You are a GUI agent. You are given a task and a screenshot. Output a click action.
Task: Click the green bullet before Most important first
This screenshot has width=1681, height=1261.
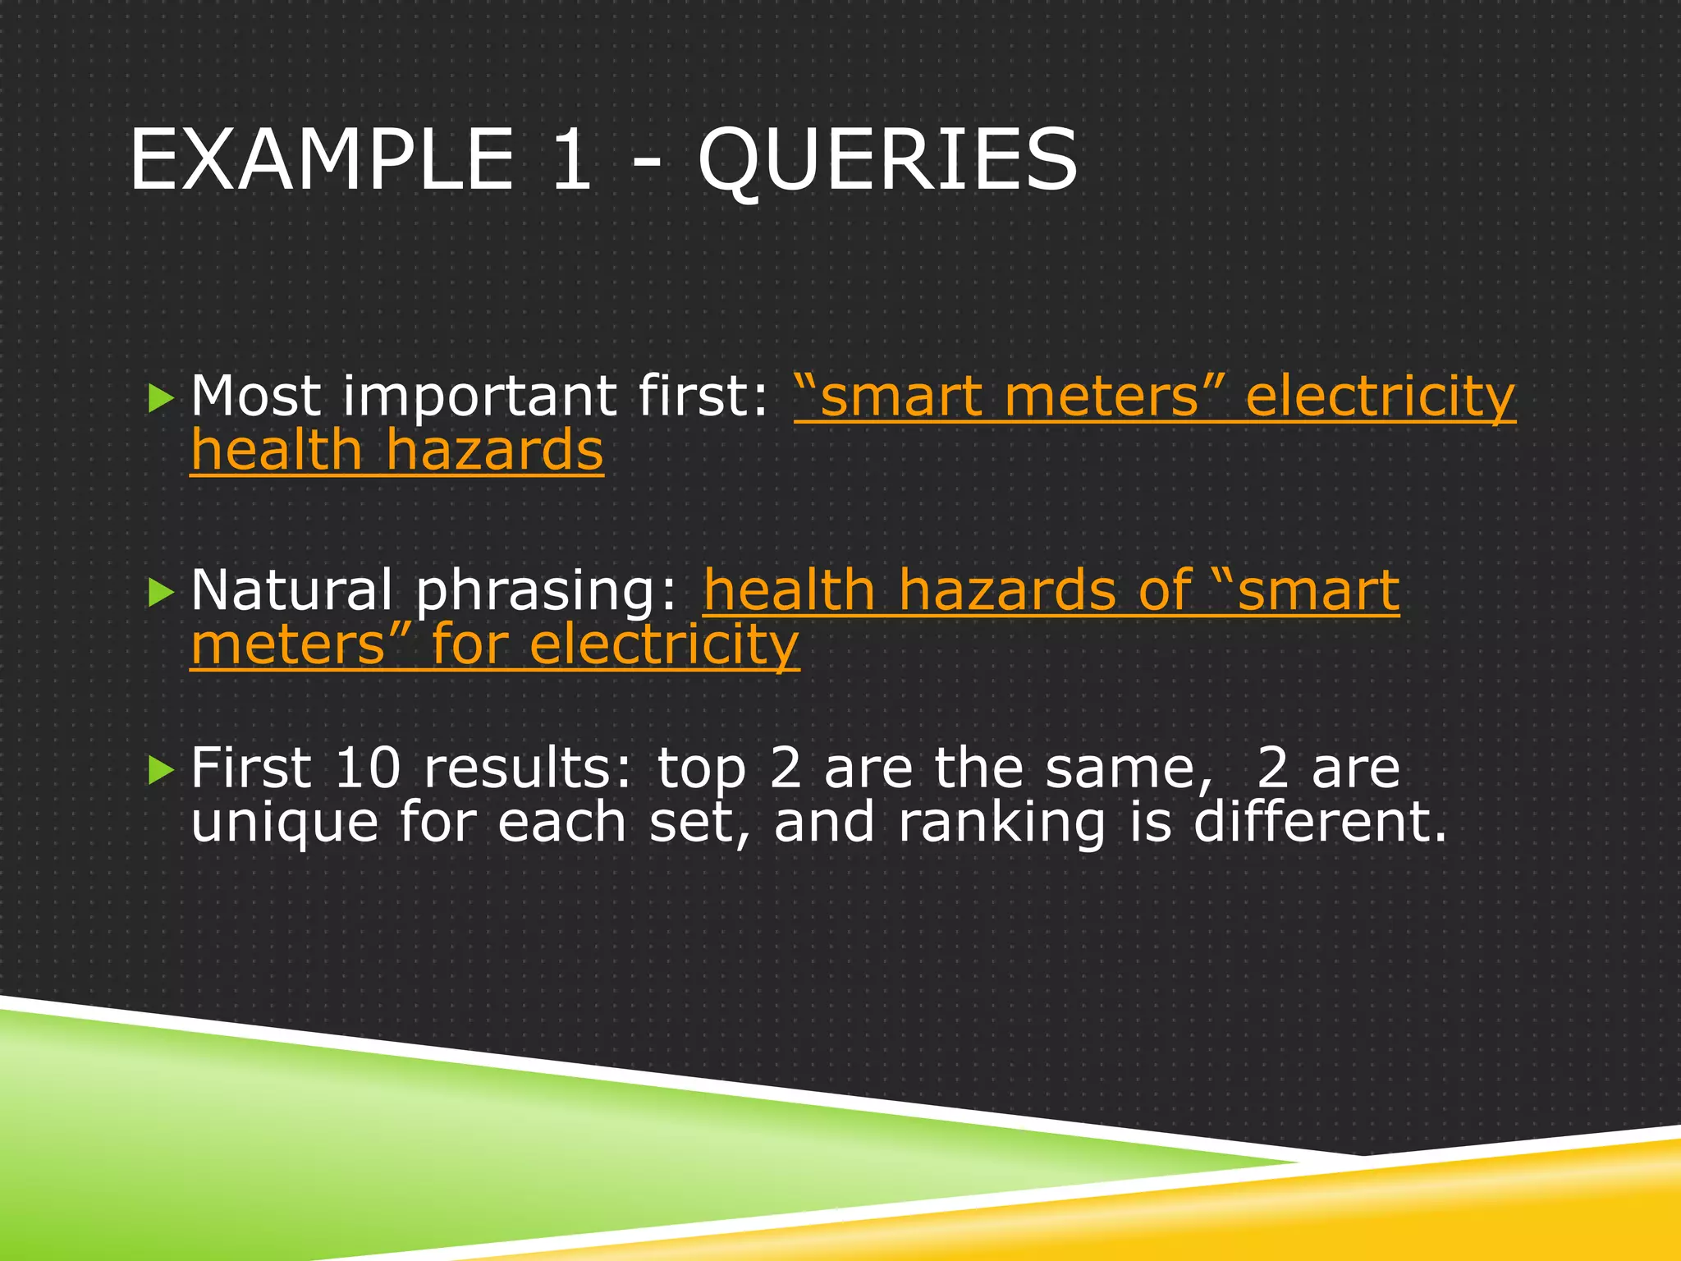pyautogui.click(x=162, y=400)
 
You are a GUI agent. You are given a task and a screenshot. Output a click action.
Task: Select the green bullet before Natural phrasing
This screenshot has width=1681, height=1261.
pyautogui.click(x=162, y=593)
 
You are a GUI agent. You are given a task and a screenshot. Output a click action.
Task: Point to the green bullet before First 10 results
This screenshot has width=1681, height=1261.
pyautogui.click(x=162, y=770)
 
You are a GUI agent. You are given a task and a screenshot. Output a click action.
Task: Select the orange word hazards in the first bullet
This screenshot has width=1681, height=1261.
pyautogui.click(x=494, y=452)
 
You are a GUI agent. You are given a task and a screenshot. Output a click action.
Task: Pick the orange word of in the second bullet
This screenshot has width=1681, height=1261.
pyautogui.click(x=1165, y=591)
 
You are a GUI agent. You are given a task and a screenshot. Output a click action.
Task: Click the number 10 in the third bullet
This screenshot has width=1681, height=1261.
pyautogui.click(x=367, y=768)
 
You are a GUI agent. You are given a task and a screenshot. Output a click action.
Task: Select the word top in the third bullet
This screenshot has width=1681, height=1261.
pyautogui.click(x=701, y=770)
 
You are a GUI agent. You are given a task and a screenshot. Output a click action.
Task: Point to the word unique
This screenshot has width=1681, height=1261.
pyautogui.click(x=284, y=823)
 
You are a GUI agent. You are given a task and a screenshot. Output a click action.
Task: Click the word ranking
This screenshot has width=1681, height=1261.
pyautogui.click(x=1001, y=823)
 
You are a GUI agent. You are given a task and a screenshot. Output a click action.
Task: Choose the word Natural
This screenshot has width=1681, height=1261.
pyautogui.click(x=291, y=591)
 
